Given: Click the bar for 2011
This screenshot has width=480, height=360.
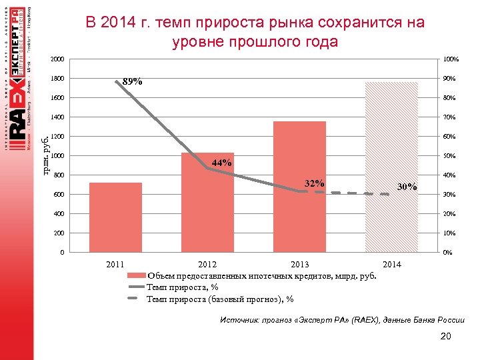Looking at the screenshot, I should coord(115,217).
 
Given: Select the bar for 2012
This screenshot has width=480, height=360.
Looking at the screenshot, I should coord(207,203).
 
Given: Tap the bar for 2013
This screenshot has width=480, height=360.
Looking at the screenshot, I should coord(299,187).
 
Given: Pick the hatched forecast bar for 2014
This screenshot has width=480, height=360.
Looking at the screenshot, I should coord(391,167).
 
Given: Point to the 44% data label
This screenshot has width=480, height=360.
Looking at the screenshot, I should coord(221,163).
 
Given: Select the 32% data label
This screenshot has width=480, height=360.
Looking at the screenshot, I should coord(314,184).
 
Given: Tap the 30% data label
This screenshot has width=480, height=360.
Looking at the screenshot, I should coord(407,187).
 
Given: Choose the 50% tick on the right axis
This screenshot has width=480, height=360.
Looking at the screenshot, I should coord(449,156).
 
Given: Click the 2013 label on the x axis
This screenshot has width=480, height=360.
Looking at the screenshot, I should coord(299,265).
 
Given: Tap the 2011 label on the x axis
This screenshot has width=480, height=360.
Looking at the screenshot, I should coord(115,265).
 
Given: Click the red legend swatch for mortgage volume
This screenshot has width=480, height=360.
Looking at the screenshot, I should coord(135,275).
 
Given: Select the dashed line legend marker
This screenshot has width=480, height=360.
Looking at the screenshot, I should coord(135,298).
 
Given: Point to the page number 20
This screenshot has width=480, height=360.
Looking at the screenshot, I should coord(446,336).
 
